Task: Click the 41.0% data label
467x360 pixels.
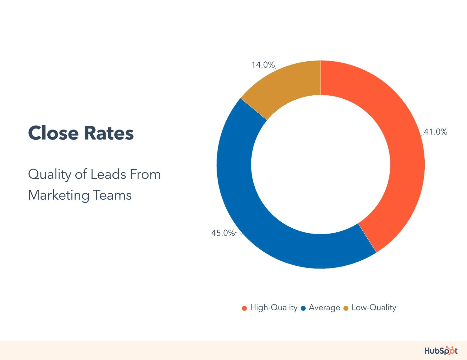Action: click(x=436, y=132)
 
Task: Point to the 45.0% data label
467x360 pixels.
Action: click(x=223, y=233)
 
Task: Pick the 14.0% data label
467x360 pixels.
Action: click(x=263, y=65)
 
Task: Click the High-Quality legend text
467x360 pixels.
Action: click(x=274, y=308)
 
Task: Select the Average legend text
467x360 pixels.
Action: click(x=324, y=308)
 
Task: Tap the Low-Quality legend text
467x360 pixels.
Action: click(x=374, y=308)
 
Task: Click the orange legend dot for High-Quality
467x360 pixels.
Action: click(x=244, y=308)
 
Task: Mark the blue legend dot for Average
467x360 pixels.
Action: click(x=303, y=308)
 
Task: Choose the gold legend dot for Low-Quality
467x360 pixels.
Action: click(x=346, y=308)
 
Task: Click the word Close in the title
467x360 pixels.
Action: click(x=53, y=133)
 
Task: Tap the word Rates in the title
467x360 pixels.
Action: click(x=109, y=133)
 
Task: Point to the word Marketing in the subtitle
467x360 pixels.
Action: click(x=59, y=196)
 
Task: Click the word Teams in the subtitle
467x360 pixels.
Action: click(x=112, y=196)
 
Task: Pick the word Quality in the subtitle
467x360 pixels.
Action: click(x=50, y=174)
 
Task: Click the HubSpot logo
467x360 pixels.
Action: click(x=441, y=351)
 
